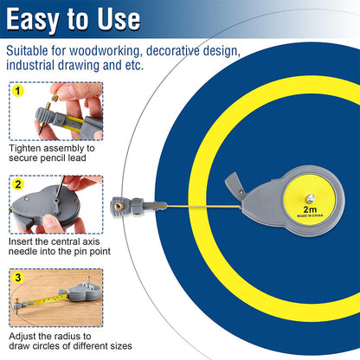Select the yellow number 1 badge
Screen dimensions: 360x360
18,89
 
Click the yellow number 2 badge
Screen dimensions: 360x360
18,183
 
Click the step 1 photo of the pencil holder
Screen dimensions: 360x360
56,112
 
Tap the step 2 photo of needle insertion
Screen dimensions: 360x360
56,206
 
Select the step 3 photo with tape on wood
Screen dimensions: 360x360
56,299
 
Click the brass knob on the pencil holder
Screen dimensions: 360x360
117,205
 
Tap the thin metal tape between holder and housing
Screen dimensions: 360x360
186,205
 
